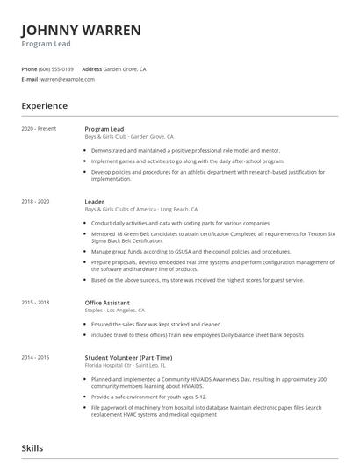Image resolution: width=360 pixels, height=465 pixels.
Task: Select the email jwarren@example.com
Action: point(67,79)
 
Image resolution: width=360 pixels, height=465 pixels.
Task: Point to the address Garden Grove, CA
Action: point(125,68)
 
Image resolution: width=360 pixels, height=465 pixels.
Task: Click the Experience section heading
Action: point(45,106)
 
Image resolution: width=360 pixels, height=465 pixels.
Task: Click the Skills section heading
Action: point(32,448)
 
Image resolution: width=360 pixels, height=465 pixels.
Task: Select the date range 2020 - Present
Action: point(39,129)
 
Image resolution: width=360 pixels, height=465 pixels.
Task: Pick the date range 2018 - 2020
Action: point(35,202)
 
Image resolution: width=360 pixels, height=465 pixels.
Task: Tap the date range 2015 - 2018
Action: point(35,303)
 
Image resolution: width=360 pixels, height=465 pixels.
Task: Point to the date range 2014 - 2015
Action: point(35,358)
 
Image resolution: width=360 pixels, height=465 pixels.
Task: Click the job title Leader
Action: point(94,202)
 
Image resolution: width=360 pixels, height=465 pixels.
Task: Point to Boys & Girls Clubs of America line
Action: point(140,211)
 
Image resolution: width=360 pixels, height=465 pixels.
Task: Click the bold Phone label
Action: point(29,68)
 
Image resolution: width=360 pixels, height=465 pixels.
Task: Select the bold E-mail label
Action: point(30,79)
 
